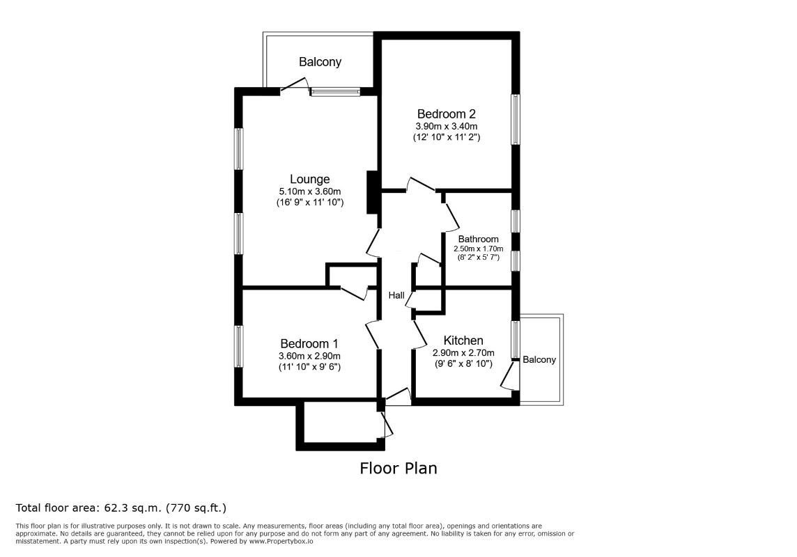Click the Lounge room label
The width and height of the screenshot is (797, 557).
tap(309, 179)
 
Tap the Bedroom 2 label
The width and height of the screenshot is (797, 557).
tap(447, 113)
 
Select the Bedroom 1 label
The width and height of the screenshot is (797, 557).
tap(309, 344)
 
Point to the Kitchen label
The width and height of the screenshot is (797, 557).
tap(463, 340)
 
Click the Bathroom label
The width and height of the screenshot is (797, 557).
tap(479, 239)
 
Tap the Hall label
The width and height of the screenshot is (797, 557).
tap(396, 295)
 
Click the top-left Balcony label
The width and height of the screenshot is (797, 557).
tap(320, 62)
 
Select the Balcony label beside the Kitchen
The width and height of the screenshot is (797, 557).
tap(539, 360)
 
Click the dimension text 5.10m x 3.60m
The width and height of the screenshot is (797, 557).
tap(309, 191)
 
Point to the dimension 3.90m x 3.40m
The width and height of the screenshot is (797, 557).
tap(447, 126)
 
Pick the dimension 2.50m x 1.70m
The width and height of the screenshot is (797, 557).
tap(479, 249)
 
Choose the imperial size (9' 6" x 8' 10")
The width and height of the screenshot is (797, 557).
tap(463, 363)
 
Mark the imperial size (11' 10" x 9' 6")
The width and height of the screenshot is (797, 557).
tap(309, 367)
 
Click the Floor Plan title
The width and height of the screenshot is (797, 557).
tap(398, 468)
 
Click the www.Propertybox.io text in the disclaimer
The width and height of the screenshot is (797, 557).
tap(281, 541)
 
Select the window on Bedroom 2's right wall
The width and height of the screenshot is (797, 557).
tap(516, 119)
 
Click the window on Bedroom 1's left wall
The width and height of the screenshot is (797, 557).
tap(238, 346)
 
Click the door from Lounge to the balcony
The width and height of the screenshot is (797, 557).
tap(295, 86)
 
